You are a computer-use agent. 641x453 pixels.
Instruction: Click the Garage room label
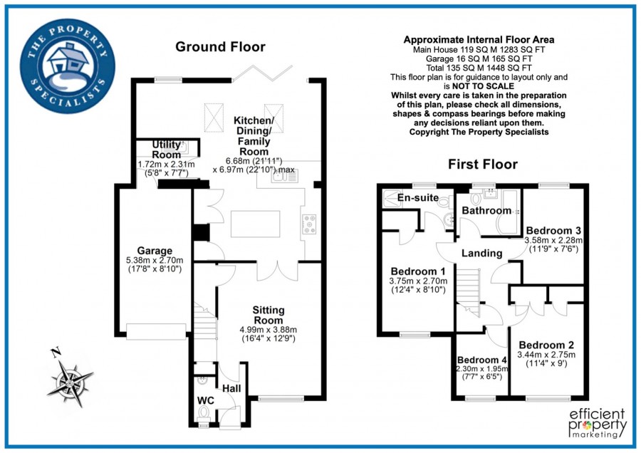click(155, 251)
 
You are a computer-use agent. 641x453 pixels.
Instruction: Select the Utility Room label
click(166, 150)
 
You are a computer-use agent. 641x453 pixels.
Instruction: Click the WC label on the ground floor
click(205, 400)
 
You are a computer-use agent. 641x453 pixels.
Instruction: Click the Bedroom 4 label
click(482, 360)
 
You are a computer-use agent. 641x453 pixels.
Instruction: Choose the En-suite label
click(418, 197)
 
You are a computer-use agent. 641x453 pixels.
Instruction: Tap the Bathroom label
click(486, 211)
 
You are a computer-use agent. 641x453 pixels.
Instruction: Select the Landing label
click(482, 253)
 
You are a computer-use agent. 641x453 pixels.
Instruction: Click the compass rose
click(70, 380)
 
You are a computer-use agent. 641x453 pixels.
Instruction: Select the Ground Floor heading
click(220, 47)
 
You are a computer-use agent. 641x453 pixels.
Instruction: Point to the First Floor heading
click(482, 165)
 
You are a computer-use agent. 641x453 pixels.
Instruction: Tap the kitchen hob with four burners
click(310, 224)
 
